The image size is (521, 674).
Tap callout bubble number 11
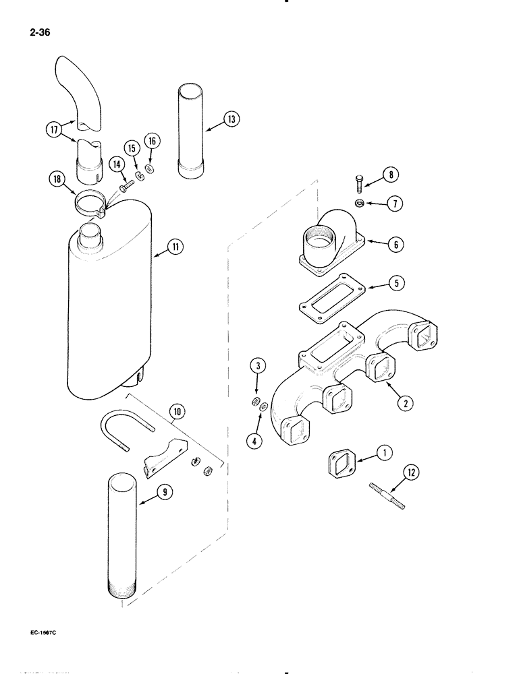click(175, 247)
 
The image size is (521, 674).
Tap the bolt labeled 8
click(360, 182)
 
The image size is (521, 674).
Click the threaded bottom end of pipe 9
click(126, 589)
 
